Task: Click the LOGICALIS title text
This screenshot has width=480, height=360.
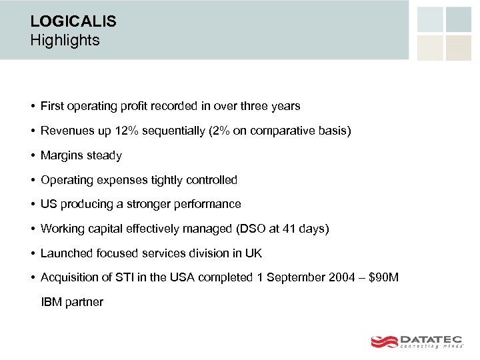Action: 73,21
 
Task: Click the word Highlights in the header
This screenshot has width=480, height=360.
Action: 65,41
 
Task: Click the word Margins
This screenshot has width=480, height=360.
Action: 62,155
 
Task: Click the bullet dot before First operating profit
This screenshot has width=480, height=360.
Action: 32,106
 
